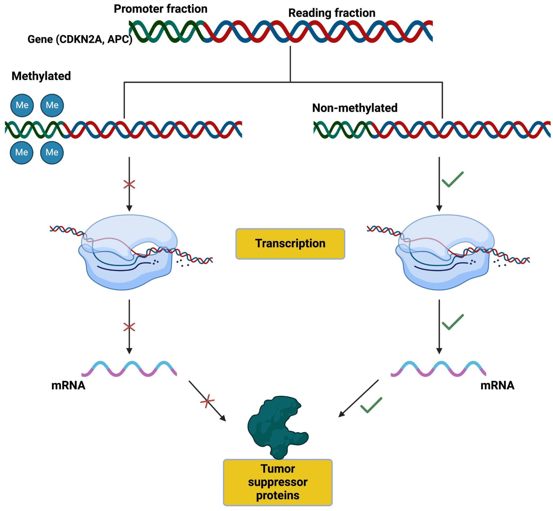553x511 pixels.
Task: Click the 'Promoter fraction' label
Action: point(160,9)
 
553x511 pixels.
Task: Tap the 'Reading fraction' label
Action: point(332,13)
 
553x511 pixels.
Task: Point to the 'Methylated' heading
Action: point(41,76)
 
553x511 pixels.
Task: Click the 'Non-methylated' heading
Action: point(355,108)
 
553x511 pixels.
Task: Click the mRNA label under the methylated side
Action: point(68,385)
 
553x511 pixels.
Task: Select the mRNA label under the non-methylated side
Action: point(497,385)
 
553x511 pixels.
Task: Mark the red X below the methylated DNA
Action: point(129,185)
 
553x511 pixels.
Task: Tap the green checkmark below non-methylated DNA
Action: point(453,179)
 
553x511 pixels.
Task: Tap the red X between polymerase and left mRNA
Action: point(129,327)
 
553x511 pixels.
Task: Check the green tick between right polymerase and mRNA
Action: point(453,322)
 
